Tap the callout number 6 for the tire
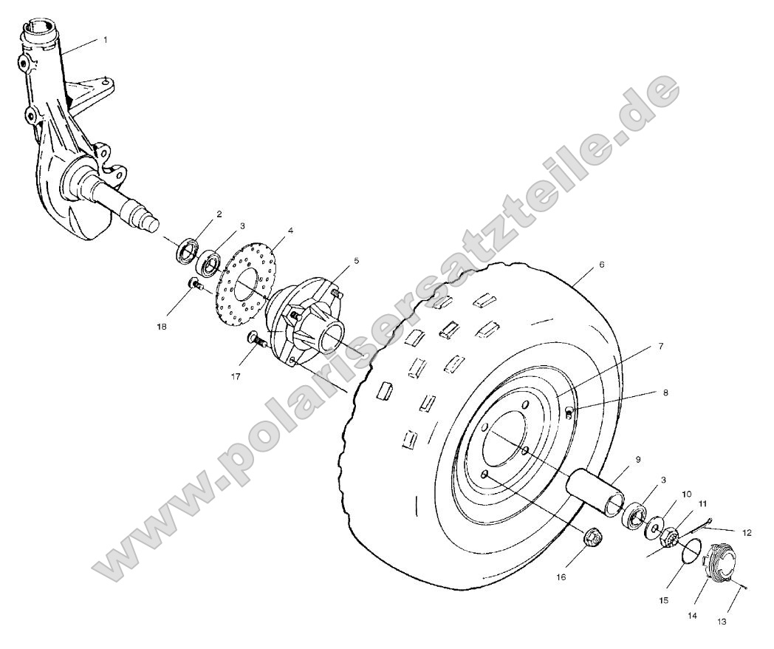click(x=602, y=263)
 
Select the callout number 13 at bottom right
click(x=721, y=622)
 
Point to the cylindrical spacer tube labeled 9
click(x=593, y=492)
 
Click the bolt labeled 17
click(x=256, y=340)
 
